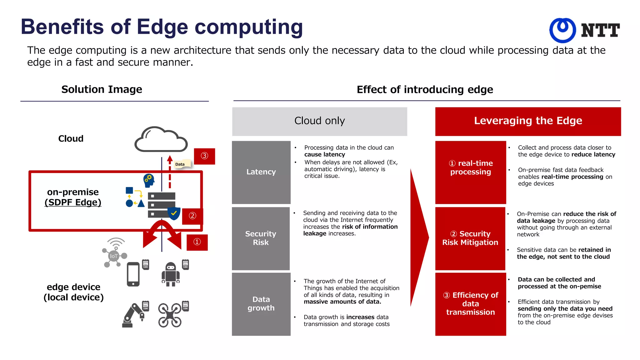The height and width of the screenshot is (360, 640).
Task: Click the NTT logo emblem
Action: pyautogui.click(x=562, y=30)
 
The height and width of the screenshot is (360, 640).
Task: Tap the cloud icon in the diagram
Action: pyautogui.click(x=161, y=140)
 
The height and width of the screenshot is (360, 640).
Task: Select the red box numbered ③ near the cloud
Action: pyautogui.click(x=204, y=156)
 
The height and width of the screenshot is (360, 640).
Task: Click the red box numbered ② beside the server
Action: pyautogui.click(x=192, y=216)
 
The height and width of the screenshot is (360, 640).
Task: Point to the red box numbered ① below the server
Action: pyautogui.click(x=197, y=242)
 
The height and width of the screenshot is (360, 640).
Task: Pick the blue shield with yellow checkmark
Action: pyautogui.click(x=174, y=213)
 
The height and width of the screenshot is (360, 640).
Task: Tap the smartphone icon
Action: pyautogui.click(x=133, y=274)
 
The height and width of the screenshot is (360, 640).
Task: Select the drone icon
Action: pyautogui.click(x=170, y=315)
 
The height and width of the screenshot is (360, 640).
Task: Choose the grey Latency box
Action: pyautogui.click(x=261, y=172)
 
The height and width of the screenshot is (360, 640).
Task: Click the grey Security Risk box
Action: pyautogui.click(x=261, y=238)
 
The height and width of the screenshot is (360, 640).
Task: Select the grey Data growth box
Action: pyautogui.click(x=261, y=304)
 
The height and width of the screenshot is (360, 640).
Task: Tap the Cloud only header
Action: pyautogui.click(x=319, y=121)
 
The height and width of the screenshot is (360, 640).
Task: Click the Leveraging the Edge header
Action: pyautogui.click(x=528, y=121)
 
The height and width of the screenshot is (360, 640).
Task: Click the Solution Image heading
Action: pyautogui.click(x=102, y=90)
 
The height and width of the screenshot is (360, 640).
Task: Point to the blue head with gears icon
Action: pyautogui.click(x=149, y=180)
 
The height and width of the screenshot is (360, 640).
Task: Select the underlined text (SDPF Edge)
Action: pyautogui.click(x=73, y=202)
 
